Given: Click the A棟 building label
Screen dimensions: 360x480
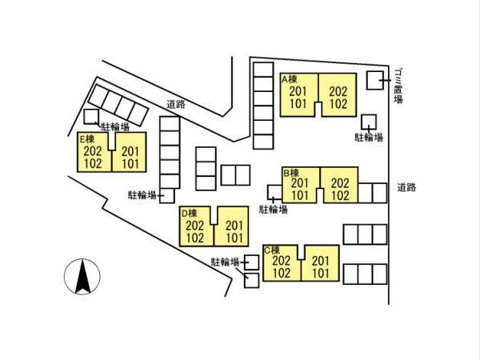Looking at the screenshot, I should click(290, 79).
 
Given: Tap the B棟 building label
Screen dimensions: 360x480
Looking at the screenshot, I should click(290, 172).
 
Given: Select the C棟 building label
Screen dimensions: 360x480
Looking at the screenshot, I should click(272, 250).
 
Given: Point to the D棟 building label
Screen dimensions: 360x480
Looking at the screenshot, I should click(189, 213).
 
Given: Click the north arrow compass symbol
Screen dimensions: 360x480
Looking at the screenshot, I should click(81, 277).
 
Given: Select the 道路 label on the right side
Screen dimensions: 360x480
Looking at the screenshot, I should click(406, 188).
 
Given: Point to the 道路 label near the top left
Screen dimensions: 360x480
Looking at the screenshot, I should click(177, 104).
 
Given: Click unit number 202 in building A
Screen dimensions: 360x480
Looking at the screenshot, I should click(338, 91).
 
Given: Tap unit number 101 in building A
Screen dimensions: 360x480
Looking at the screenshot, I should click(298, 103).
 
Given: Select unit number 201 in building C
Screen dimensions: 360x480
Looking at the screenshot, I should click(321, 261).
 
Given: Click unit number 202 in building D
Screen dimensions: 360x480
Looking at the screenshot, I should click(195, 226).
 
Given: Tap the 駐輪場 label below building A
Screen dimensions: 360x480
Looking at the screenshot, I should click(369, 137).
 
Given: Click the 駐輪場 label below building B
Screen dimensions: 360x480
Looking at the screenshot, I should click(274, 210).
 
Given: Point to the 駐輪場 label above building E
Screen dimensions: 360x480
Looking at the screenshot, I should click(115, 126).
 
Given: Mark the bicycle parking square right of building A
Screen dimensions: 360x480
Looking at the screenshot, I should click(369, 122).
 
